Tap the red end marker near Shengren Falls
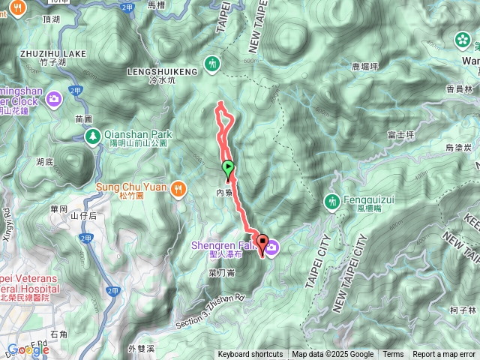pyautogui.click(x=262, y=242)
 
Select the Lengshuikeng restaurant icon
pyautogui.click(x=214, y=64)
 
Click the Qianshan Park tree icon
pyautogui.click(x=93, y=136)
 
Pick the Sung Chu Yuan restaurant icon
pyautogui.click(x=177, y=187)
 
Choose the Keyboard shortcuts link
pyautogui.click(x=250, y=355)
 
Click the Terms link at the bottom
pyautogui.click(x=393, y=355)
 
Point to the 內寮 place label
pyautogui.click(x=224, y=193)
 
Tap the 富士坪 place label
pyautogui.click(x=401, y=135)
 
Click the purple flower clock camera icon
pyautogui.click(x=54, y=98)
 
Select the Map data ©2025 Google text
pyautogui.click(x=332, y=355)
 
